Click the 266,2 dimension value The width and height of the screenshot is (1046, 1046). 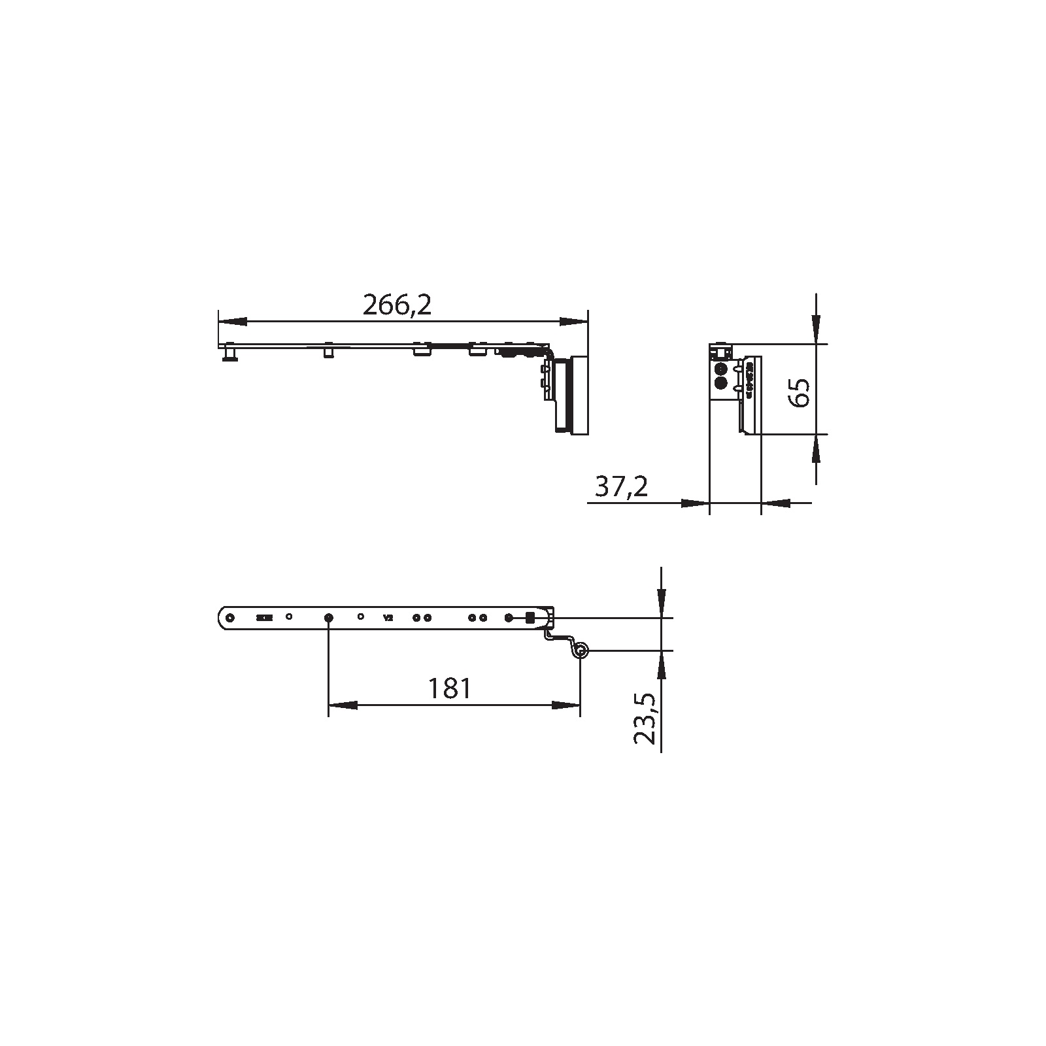coord(397,305)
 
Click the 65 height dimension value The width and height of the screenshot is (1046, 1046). coord(800,392)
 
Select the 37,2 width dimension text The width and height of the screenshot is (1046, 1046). coord(622,486)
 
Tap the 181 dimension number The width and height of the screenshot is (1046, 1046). coord(449,688)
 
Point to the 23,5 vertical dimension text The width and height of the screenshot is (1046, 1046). coord(645,719)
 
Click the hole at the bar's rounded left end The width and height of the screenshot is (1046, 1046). coord(229,617)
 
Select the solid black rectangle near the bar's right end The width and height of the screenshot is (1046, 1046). coord(530,617)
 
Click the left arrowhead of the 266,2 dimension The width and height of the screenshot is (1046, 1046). coord(232,322)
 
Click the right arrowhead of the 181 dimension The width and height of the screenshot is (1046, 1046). coord(566,705)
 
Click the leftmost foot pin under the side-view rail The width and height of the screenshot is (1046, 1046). coord(229,354)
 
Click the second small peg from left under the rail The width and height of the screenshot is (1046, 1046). coord(329,352)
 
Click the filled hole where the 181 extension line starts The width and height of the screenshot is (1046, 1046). coord(329,617)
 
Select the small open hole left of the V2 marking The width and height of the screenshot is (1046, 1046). coord(361,616)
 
